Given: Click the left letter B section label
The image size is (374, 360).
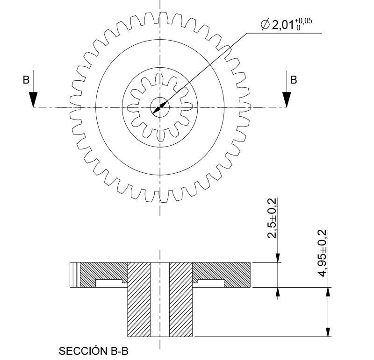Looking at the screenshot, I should pyautogui.click(x=26, y=80).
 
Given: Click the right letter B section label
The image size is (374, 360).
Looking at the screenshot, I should pyautogui.click(x=294, y=80).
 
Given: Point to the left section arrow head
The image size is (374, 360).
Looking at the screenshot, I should pyautogui.click(x=33, y=99).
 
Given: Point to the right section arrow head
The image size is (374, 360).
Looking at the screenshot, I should pyautogui.click(x=287, y=99).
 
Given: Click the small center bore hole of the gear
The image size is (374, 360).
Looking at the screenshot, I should pyautogui.click(x=160, y=107).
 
